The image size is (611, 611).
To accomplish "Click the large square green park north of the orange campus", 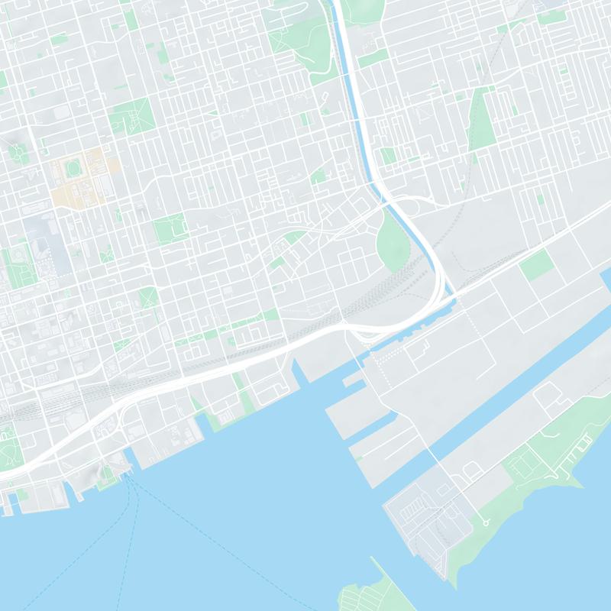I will pyautogui.click(x=131, y=116).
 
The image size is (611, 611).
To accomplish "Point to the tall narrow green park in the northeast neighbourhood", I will pyautogui.click(x=481, y=118).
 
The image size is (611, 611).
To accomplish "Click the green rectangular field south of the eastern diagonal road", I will pyautogui.click(x=537, y=264).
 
